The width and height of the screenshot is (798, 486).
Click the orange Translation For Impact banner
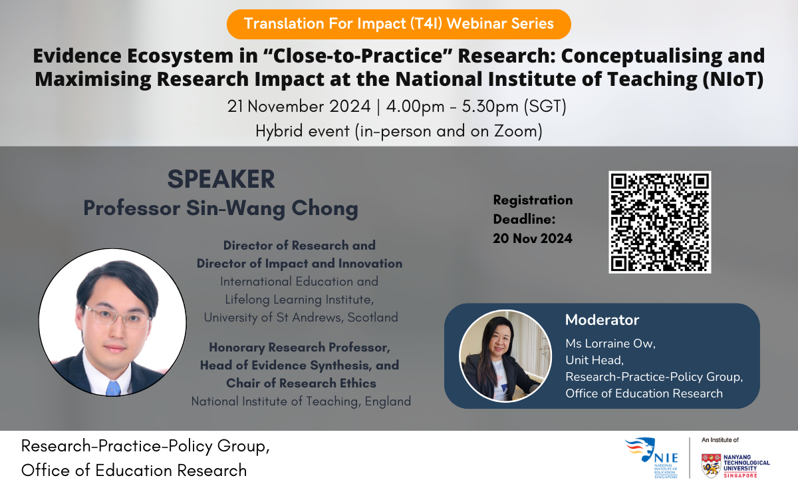(x=399, y=24)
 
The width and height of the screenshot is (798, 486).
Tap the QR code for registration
(x=660, y=222)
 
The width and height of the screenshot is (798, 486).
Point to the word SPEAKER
(x=221, y=179)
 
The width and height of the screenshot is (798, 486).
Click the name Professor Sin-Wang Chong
(x=221, y=208)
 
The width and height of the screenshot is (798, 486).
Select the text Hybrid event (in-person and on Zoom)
(x=399, y=131)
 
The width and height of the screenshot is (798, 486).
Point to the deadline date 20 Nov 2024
(x=533, y=238)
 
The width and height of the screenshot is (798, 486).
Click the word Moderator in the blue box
(x=602, y=320)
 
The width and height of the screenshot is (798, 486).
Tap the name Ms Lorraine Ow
(x=611, y=343)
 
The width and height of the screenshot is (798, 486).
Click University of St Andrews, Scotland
(x=301, y=318)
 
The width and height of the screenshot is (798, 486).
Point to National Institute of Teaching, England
(x=301, y=401)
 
